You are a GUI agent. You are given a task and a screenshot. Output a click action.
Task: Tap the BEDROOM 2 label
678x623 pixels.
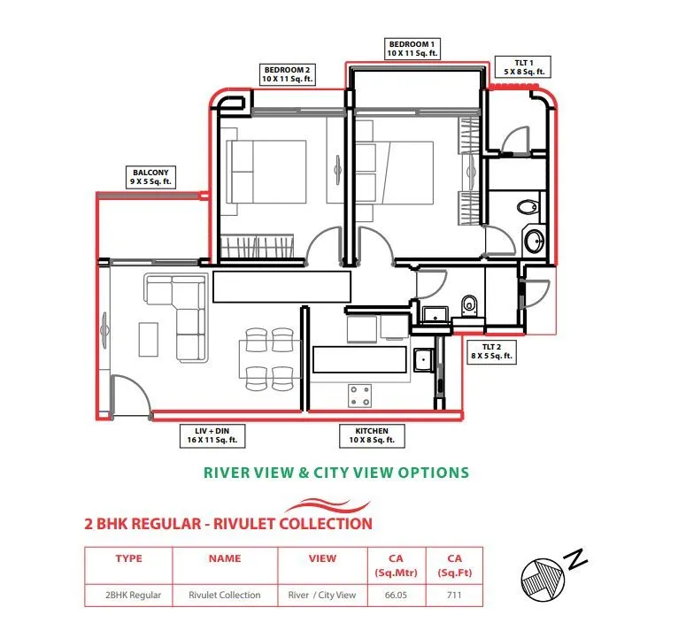[288, 73]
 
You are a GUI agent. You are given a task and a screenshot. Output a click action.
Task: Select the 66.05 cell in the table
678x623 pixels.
[395, 595]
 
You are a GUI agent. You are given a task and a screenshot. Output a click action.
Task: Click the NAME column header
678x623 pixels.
[225, 558]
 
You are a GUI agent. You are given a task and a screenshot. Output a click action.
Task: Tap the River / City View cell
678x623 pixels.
[322, 595]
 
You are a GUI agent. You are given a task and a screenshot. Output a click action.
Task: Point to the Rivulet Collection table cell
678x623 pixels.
[225, 595]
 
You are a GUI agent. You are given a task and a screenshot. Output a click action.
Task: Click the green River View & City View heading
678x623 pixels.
[336, 473]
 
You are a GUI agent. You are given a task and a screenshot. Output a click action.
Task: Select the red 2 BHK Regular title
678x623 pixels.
[228, 523]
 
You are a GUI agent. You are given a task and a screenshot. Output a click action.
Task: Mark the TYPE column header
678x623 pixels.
[128, 558]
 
